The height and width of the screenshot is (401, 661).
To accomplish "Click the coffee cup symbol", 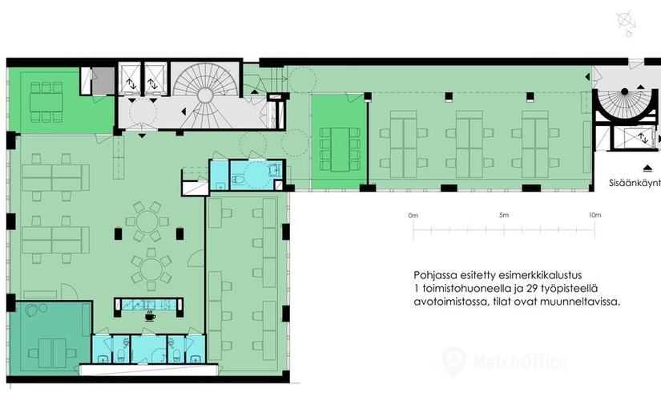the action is [150, 316].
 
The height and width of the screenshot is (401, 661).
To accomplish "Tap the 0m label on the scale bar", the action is [413, 215].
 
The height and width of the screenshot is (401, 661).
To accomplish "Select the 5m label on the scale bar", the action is [504, 215].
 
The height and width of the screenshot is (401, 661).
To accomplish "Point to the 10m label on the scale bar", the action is [594, 215].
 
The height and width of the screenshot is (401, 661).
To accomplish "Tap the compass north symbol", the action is [626, 22].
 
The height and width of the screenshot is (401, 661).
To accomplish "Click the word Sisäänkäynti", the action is [635, 183].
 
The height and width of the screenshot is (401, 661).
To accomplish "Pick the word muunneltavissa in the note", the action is [585, 302].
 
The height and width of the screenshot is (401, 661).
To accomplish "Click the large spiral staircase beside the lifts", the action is [205, 95].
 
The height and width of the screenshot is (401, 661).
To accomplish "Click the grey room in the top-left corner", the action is [103, 81].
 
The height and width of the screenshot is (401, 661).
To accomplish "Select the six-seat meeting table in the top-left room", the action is [46, 102].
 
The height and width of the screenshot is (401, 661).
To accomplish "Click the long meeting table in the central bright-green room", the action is [340, 149].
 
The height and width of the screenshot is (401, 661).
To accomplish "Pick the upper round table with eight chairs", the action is [147, 221].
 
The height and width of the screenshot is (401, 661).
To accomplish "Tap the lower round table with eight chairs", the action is [151, 269].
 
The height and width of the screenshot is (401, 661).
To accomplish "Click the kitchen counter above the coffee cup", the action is [148, 304].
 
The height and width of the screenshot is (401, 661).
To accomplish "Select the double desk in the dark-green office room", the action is [52, 353].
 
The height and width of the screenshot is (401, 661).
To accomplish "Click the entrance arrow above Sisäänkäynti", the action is [648, 169].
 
